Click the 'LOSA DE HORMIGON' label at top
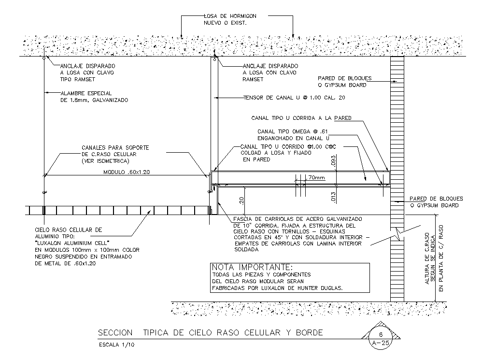click(x=230, y=16)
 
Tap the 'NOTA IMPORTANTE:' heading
click(x=252, y=267)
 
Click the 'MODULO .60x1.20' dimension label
click(x=124, y=172)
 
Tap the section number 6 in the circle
click(x=380, y=334)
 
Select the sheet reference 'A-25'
click(x=380, y=343)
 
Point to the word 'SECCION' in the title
click(x=115, y=333)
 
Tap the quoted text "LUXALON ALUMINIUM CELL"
click(x=72, y=242)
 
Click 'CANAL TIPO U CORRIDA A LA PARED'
click(x=301, y=118)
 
